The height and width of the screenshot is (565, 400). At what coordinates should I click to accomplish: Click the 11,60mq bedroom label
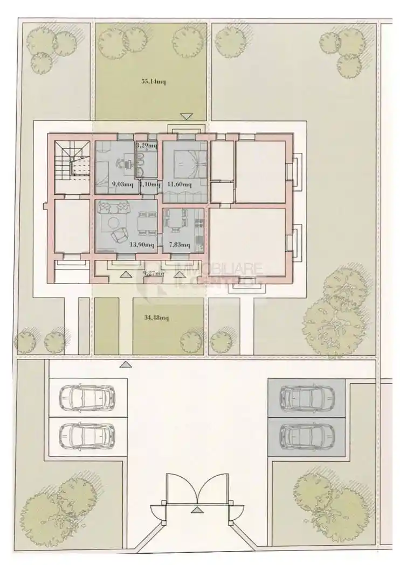point(179,184)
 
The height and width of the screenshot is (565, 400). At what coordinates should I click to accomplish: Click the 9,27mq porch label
point(153,273)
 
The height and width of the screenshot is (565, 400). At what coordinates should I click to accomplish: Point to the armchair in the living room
point(119,236)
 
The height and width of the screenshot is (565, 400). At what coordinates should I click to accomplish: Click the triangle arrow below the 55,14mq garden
point(186,116)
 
